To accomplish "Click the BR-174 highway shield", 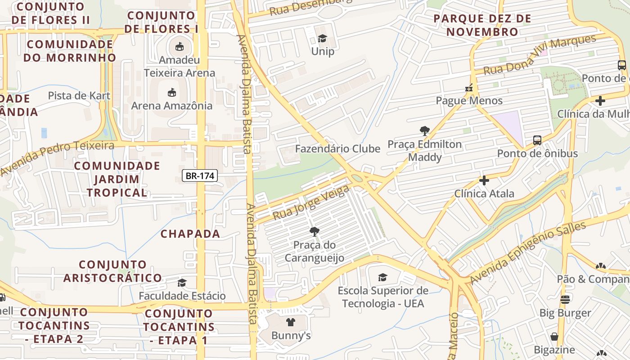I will tap(200, 175).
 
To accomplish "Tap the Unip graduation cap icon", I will tap(322, 39).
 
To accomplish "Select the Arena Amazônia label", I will tap(172, 106).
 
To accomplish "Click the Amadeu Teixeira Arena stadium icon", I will tap(179, 46).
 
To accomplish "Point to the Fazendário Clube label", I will tap(337, 148).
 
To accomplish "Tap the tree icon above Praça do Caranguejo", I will tap(314, 232).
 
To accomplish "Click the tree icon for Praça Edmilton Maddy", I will tap(424, 131).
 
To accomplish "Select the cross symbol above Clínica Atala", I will tap(484, 180).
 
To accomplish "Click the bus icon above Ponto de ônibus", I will tap(537, 140).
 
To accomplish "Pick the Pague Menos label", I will tap(469, 100).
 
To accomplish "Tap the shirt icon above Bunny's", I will tap(291, 322).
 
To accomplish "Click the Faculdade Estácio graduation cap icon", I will tap(182, 283).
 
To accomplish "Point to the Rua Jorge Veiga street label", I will tap(311, 203).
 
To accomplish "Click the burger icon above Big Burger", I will tap(565, 299).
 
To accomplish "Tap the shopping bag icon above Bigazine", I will tap(554, 337).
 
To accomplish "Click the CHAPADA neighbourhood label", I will tap(190, 234).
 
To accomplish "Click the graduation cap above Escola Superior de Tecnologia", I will tap(382, 277).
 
